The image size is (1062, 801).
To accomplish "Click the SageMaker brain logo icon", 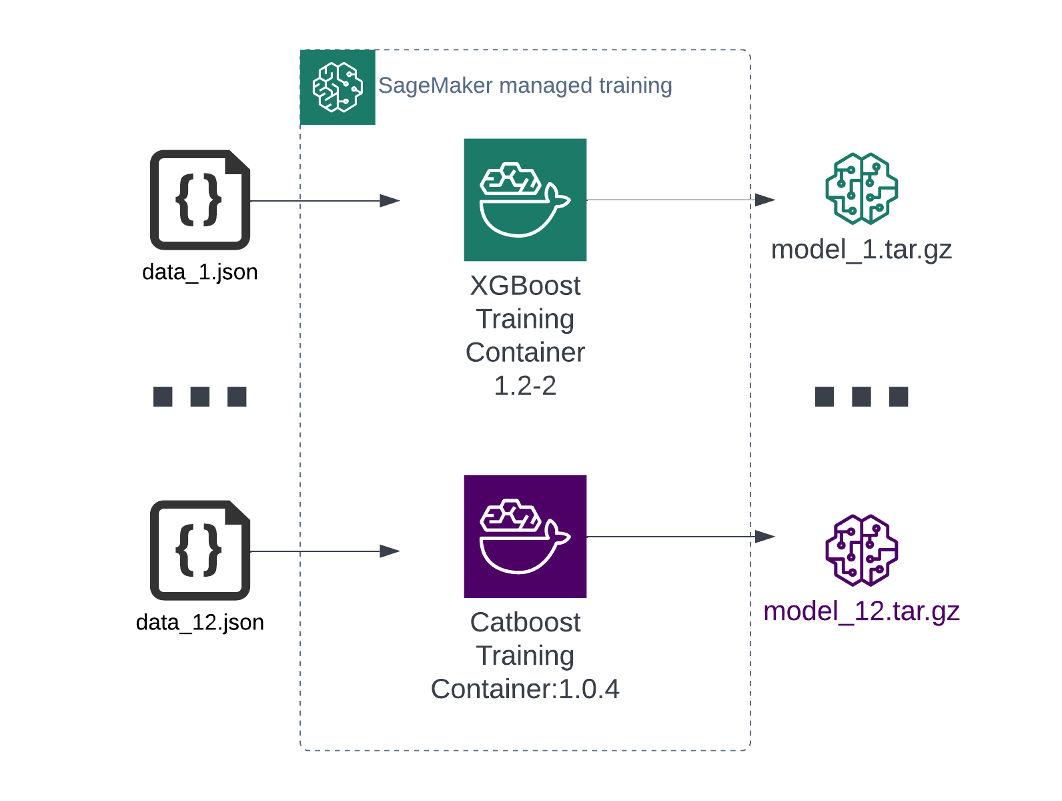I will click(x=338, y=87).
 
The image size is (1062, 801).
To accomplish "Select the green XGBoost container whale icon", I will click(x=525, y=200).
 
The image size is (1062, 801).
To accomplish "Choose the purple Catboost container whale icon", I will click(x=525, y=536).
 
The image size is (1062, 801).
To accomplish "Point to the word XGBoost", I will click(x=525, y=286).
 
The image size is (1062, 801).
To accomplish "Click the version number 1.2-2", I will click(x=525, y=386).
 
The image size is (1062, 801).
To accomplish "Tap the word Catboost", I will click(x=525, y=622).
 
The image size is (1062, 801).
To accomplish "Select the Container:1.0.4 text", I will click(x=525, y=689).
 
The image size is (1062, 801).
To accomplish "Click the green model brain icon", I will click(x=861, y=188).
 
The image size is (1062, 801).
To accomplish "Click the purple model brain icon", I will click(x=861, y=550).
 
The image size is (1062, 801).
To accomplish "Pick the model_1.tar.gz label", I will click(x=861, y=250).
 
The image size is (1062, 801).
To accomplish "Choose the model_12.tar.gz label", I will click(x=861, y=611).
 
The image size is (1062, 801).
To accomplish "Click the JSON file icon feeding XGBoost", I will click(x=200, y=200).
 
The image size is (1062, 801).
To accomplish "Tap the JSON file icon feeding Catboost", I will click(x=200, y=550).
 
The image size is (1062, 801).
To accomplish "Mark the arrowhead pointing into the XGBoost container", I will click(x=390, y=200).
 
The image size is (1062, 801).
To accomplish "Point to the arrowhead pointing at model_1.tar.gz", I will click(x=764, y=200).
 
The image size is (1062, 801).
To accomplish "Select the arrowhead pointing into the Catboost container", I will click(x=390, y=551).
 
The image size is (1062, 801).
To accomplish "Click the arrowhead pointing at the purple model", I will click(x=764, y=536).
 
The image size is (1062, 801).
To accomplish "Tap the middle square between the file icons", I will click(x=199, y=396).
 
